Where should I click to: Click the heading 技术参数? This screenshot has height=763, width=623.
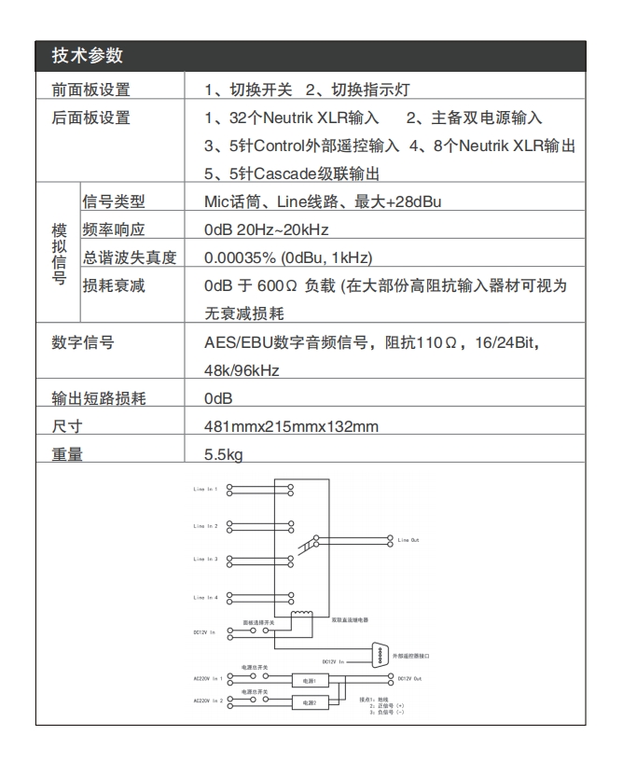[87, 55]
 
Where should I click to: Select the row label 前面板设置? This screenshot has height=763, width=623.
[90, 90]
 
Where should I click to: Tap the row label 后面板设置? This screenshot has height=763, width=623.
[90, 118]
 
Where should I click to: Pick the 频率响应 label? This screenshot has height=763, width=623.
[115, 229]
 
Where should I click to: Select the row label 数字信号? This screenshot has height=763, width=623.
[82, 342]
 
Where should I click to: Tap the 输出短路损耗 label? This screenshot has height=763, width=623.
[98, 399]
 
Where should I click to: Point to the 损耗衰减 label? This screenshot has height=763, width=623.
[115, 285]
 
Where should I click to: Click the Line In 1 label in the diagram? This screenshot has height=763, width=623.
[204, 489]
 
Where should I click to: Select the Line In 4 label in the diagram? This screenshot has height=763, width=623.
[204, 597]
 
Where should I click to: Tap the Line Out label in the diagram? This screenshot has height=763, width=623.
[408, 540]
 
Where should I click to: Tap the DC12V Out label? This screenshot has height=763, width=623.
[410, 679]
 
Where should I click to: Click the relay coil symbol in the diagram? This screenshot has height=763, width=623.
[300, 620]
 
